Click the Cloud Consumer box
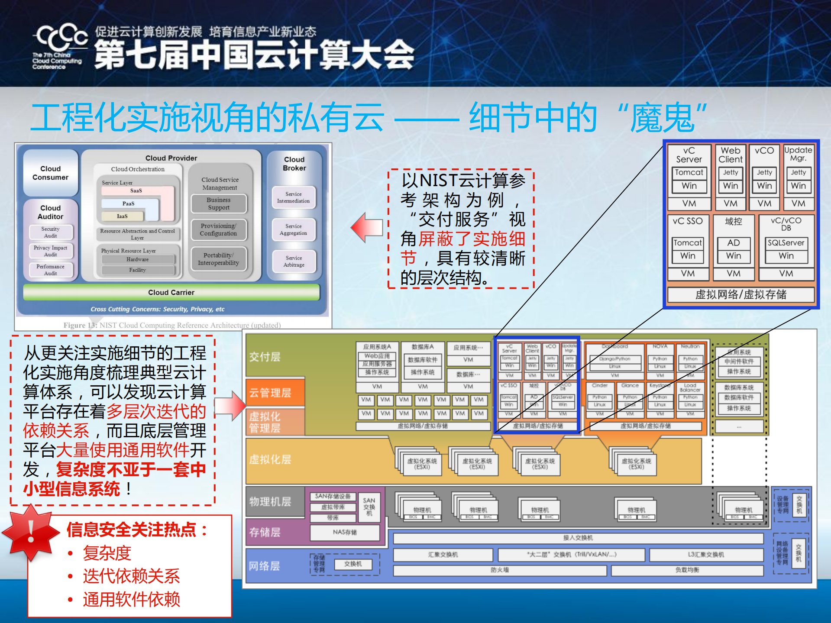(x=50, y=173)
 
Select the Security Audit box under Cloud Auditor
(x=51, y=232)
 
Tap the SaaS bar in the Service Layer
(x=136, y=190)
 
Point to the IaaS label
(x=122, y=216)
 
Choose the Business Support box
(x=219, y=204)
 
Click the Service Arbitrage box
(x=294, y=261)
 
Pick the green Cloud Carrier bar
(x=171, y=292)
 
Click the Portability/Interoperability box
(x=219, y=259)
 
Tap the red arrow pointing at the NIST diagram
(x=367, y=227)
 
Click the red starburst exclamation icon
(x=30, y=532)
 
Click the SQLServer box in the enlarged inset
(x=786, y=243)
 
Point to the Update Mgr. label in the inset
(x=798, y=154)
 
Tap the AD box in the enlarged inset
(x=734, y=243)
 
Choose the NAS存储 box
(x=345, y=532)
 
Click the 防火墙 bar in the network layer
(x=500, y=570)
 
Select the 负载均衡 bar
(x=687, y=570)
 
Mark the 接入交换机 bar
(x=578, y=538)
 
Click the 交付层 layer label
(x=265, y=357)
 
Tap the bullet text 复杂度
(x=107, y=553)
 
